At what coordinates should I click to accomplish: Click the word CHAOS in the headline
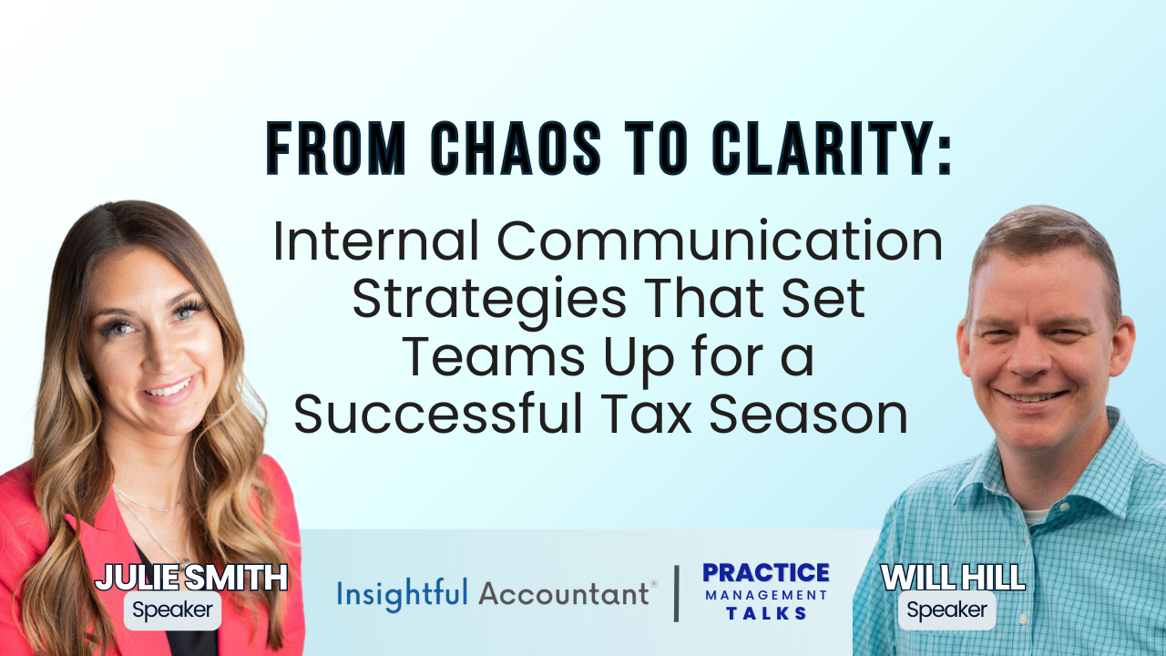point(516,149)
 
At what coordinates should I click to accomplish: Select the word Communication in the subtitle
point(720,241)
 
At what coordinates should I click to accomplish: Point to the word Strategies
point(489,302)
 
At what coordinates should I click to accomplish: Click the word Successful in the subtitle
point(437,414)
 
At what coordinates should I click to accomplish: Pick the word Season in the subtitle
point(808,415)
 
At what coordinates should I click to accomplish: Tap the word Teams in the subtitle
point(494,357)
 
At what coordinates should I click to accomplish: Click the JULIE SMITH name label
point(191,577)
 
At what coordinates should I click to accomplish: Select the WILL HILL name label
point(953,577)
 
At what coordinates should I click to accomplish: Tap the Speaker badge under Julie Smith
point(172,610)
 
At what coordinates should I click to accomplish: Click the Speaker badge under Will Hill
point(946,610)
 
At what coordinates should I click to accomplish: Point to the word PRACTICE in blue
point(766,573)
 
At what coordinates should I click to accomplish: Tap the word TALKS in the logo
point(766,613)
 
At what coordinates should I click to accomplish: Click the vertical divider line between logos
point(676,593)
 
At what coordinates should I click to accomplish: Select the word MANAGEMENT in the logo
point(766,595)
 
